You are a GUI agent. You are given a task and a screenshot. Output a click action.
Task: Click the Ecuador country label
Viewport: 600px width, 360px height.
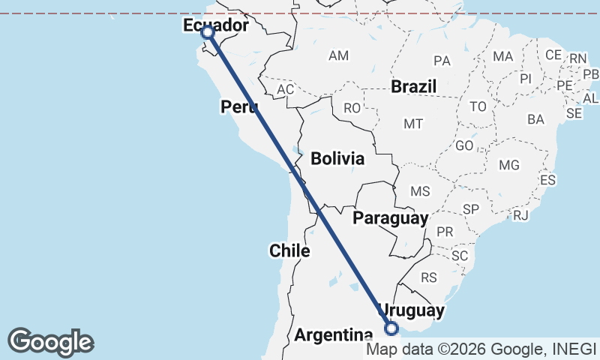[x=215, y=26]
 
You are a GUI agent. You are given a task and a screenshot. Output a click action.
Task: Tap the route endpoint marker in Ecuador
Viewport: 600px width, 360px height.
[x=208, y=32]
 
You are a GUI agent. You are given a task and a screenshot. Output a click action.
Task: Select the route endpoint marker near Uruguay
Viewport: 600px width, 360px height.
[x=391, y=327]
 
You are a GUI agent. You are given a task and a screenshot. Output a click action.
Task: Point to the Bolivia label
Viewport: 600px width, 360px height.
[x=337, y=159]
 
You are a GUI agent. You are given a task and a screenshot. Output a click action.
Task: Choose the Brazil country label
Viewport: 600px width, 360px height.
[x=413, y=87]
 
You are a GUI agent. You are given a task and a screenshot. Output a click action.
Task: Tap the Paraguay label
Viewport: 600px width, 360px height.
[x=391, y=218]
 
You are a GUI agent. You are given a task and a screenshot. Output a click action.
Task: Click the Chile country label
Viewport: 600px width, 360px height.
[x=289, y=250]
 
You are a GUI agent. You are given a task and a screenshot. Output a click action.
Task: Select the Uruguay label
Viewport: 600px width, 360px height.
[x=412, y=310]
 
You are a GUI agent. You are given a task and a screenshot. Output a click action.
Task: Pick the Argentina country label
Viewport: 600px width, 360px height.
[x=333, y=335]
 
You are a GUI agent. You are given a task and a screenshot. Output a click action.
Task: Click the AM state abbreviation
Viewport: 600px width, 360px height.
[x=339, y=55]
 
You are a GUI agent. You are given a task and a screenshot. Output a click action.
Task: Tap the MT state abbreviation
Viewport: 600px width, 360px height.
[x=413, y=123]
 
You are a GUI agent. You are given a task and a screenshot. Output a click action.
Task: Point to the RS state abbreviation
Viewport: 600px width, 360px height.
[x=429, y=277]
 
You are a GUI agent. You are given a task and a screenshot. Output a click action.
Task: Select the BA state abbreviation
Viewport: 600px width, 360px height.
[x=535, y=119]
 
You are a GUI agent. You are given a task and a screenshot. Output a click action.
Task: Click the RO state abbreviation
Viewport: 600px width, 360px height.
[x=352, y=108]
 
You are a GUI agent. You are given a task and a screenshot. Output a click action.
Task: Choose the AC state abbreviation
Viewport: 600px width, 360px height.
[x=285, y=89]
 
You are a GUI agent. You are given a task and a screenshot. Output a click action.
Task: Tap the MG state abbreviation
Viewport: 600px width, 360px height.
[x=508, y=165]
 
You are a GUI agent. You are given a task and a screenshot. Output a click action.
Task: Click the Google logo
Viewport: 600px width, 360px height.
[x=50, y=342]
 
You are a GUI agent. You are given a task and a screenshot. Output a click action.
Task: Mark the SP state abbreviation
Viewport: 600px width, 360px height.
[x=471, y=208]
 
